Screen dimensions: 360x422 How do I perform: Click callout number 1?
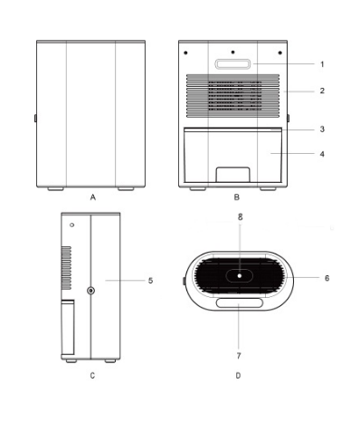tap(322, 64)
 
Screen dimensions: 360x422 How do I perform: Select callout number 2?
tap(322, 91)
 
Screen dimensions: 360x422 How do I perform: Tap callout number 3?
tap(322, 129)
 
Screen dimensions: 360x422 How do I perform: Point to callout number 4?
tap(322, 154)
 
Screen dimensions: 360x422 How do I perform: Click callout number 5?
tap(150, 281)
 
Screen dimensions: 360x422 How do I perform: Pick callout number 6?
tap(327, 278)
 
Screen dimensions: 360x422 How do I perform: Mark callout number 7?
tap(239, 356)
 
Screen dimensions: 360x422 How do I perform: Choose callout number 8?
tap(240, 216)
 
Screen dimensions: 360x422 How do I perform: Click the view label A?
tap(93, 197)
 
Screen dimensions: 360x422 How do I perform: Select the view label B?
tap(237, 197)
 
